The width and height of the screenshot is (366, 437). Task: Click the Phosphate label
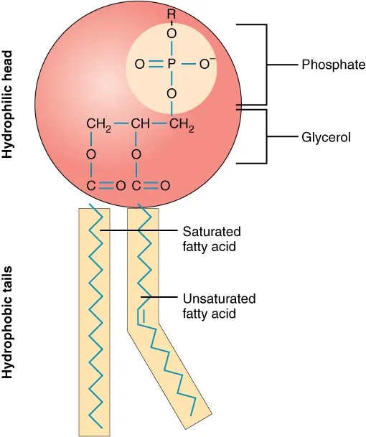[334, 65]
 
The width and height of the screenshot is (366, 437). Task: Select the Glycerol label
[327, 136]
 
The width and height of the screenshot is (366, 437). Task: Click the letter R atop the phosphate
[171, 14]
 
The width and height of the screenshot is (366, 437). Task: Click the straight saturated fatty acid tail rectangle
[94, 323]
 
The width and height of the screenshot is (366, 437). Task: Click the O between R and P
[171, 33]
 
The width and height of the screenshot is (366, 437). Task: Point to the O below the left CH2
[91, 154]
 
